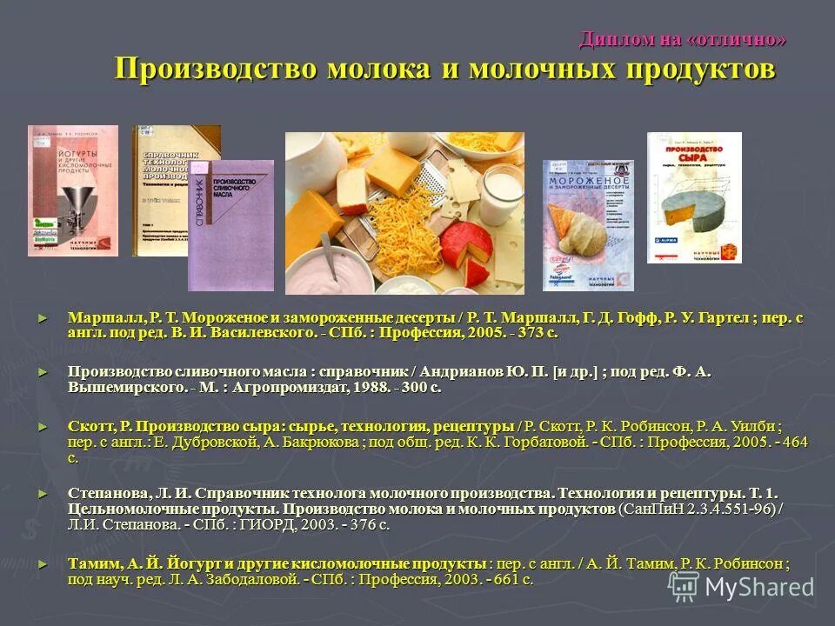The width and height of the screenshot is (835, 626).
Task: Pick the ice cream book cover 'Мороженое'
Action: pos(588,224)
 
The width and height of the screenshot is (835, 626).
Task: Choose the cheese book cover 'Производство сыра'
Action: pos(694,197)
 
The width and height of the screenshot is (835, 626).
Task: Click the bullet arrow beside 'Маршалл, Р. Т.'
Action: pos(42,317)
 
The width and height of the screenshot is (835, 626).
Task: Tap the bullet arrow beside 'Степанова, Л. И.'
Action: pos(42,492)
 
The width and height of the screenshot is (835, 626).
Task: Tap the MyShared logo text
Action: pos(758,587)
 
